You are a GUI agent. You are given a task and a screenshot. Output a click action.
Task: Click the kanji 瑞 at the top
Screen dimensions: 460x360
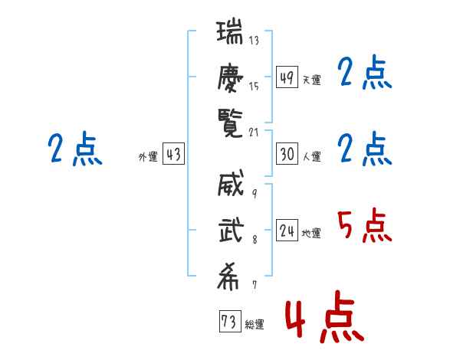[x=230, y=31]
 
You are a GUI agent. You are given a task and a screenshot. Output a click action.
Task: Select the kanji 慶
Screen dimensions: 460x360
[x=230, y=78]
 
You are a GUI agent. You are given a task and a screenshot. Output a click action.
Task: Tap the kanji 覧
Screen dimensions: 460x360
[x=230, y=123]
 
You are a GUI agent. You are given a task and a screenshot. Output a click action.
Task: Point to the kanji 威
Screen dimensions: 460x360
[x=231, y=183]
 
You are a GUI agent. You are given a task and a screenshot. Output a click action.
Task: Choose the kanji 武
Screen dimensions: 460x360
[x=232, y=230]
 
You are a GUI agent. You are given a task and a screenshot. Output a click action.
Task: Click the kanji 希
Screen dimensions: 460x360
[x=228, y=277]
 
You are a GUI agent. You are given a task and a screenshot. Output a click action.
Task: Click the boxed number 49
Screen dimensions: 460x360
[x=287, y=77]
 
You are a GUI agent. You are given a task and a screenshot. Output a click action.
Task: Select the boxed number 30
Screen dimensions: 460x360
[x=287, y=154]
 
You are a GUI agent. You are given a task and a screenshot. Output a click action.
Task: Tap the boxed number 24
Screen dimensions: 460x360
[x=287, y=230]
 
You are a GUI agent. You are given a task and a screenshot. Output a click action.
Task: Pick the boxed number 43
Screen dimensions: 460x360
[x=173, y=154]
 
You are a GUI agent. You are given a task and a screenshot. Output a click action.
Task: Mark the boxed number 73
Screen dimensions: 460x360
[x=230, y=321]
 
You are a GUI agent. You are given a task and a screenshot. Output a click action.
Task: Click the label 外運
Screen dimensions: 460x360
[x=148, y=156]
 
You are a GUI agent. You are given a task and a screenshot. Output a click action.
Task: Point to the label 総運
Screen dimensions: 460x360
[x=255, y=324]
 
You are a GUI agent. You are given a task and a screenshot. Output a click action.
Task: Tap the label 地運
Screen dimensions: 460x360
[x=311, y=234]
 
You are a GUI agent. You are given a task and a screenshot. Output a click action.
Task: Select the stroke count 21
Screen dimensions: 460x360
[x=254, y=133]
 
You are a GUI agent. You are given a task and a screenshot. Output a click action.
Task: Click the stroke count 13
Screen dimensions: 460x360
[x=254, y=40]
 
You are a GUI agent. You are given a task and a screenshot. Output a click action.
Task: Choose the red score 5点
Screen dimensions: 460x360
[x=364, y=226]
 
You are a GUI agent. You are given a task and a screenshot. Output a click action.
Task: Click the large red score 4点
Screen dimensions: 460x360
[x=324, y=316]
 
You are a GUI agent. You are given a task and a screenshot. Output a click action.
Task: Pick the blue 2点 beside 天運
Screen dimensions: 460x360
[x=364, y=72]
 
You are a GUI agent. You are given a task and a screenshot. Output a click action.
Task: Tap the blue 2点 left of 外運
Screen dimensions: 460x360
[x=75, y=149]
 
